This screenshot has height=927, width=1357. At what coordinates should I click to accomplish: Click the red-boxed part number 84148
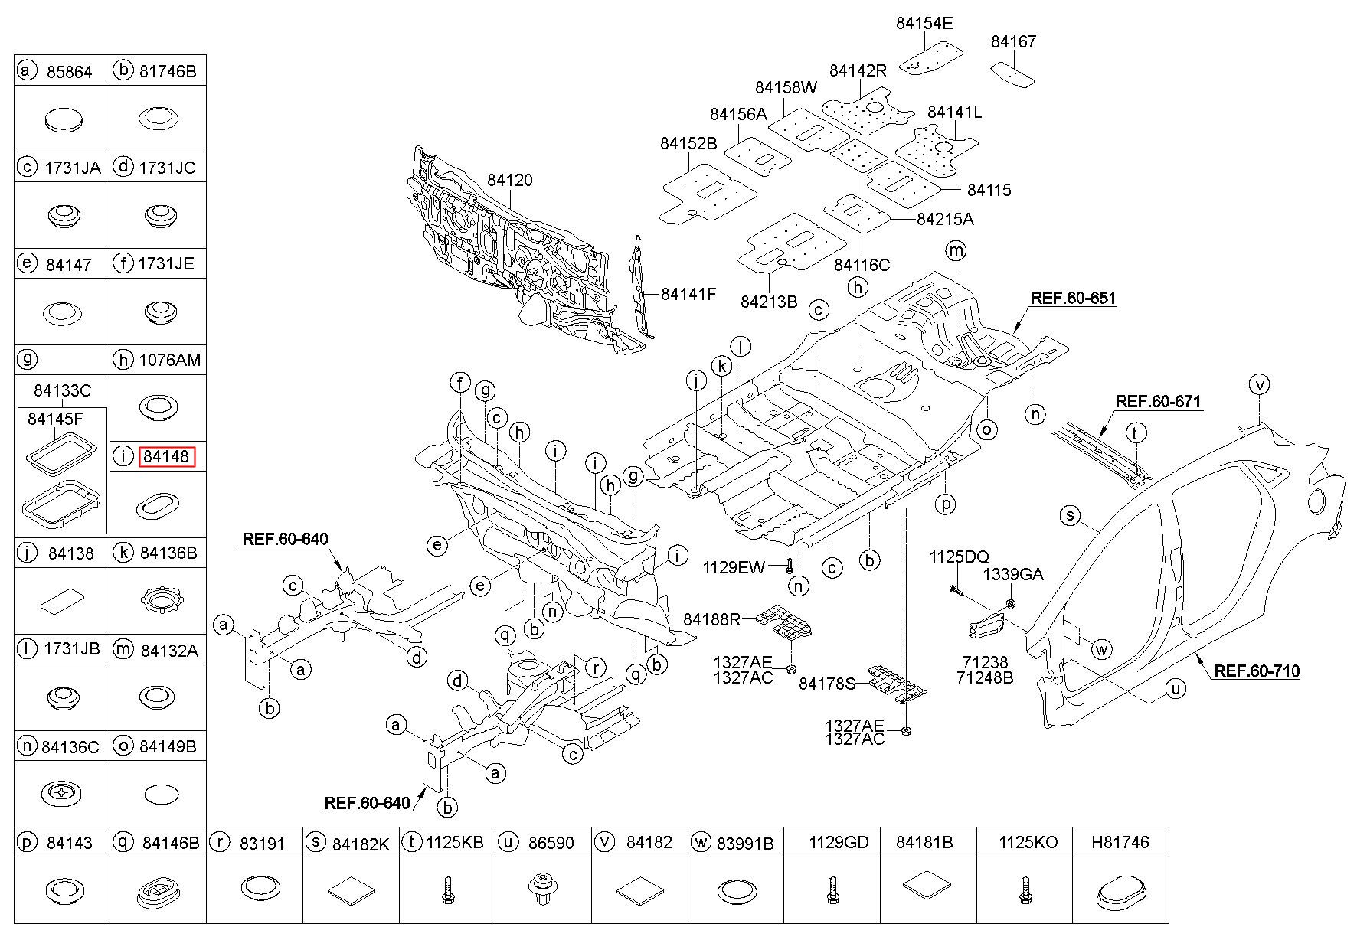click(x=167, y=457)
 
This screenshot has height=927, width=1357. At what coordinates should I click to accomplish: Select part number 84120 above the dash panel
click(x=510, y=181)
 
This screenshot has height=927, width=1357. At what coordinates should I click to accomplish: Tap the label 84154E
click(x=924, y=24)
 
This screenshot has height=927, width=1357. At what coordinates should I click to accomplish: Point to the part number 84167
click(x=1013, y=42)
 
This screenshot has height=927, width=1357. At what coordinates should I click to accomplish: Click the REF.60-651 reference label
click(x=1073, y=299)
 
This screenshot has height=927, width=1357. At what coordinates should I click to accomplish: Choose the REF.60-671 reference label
click(x=1158, y=401)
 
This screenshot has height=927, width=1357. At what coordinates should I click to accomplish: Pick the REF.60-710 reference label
click(x=1257, y=671)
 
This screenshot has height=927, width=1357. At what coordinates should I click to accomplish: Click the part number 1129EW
click(x=734, y=567)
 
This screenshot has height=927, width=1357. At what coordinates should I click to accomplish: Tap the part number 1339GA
click(x=1013, y=574)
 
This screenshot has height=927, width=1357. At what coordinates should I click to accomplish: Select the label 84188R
click(x=711, y=619)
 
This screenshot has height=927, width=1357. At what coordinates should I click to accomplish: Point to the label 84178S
click(x=827, y=684)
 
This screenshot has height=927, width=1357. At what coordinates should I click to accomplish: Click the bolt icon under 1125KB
click(x=447, y=890)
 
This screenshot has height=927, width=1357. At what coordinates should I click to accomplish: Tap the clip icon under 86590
click(x=543, y=890)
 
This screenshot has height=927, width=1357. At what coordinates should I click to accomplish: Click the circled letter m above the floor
click(x=956, y=251)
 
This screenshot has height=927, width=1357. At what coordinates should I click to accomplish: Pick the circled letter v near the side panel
click(x=1259, y=384)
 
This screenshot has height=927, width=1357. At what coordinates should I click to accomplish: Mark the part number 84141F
click(x=688, y=294)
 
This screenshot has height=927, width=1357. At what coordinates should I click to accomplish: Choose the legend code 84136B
click(x=168, y=553)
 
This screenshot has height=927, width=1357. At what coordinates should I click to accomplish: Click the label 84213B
click(x=769, y=302)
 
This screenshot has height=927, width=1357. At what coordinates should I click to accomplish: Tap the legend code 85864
click(x=69, y=72)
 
